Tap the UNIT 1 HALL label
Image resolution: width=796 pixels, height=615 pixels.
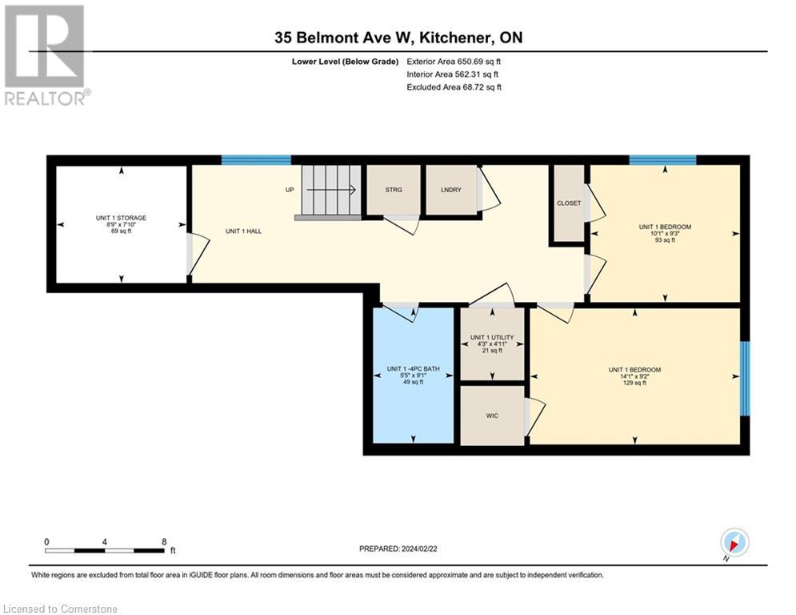pos(243,231)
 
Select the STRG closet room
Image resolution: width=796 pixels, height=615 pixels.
pos(393,190)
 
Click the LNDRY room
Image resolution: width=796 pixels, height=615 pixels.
pos(450,190)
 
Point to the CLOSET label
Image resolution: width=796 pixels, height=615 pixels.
pos(568,203)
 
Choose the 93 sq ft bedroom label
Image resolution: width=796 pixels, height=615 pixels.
pos(664,233)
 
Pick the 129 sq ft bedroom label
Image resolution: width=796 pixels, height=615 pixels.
pos(634,376)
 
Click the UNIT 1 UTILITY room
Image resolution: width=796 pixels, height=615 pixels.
pos(492,344)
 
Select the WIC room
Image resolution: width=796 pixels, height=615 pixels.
pos(492,416)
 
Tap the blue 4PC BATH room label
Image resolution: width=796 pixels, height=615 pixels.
pos(413,375)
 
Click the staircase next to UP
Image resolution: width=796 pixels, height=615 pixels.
pos(330,191)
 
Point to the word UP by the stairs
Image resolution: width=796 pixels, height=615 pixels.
pos(290,191)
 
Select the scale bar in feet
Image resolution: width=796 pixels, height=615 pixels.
pos(106,550)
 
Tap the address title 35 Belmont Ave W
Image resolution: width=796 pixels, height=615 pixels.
pos(398,37)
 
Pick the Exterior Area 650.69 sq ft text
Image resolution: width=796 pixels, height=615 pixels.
pos(454,61)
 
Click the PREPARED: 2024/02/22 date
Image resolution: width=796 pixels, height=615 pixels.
pos(398,549)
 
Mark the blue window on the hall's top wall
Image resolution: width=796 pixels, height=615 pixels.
pos(256,160)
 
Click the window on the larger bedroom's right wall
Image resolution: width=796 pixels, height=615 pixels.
pos(745,378)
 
